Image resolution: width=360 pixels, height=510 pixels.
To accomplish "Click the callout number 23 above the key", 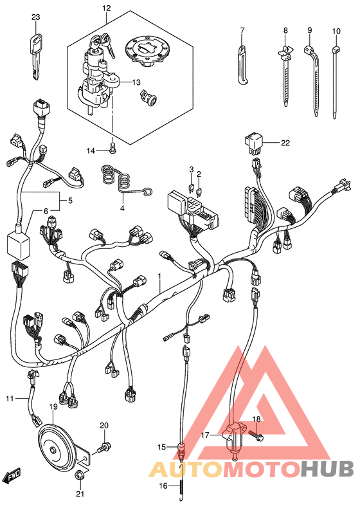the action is (x=36, y=17).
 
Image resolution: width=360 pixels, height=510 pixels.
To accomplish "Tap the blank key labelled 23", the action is (x=36, y=56).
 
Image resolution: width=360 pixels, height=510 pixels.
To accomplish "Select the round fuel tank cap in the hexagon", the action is (x=148, y=52).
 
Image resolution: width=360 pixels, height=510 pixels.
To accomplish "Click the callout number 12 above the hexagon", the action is (x=106, y=8).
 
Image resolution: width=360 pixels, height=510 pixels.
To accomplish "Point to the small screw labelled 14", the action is (x=113, y=147).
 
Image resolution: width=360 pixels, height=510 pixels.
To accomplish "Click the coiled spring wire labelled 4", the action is (x=123, y=182).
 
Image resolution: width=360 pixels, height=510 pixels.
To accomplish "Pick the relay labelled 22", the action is (x=255, y=143).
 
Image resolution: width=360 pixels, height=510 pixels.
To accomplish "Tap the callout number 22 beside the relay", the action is (x=285, y=143).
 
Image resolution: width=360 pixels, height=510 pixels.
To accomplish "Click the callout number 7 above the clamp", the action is (x=242, y=31).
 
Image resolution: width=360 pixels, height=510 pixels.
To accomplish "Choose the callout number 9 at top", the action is (x=310, y=30).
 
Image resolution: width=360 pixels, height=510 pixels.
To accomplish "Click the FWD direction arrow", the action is (x=12, y=475).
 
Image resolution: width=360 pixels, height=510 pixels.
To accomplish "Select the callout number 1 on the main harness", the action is (x=159, y=277).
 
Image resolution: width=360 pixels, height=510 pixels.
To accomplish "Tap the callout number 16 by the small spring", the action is (x=163, y=486).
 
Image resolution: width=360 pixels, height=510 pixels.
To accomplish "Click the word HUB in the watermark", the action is (x=327, y=469).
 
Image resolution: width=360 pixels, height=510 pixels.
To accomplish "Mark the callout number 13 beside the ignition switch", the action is (x=136, y=82).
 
